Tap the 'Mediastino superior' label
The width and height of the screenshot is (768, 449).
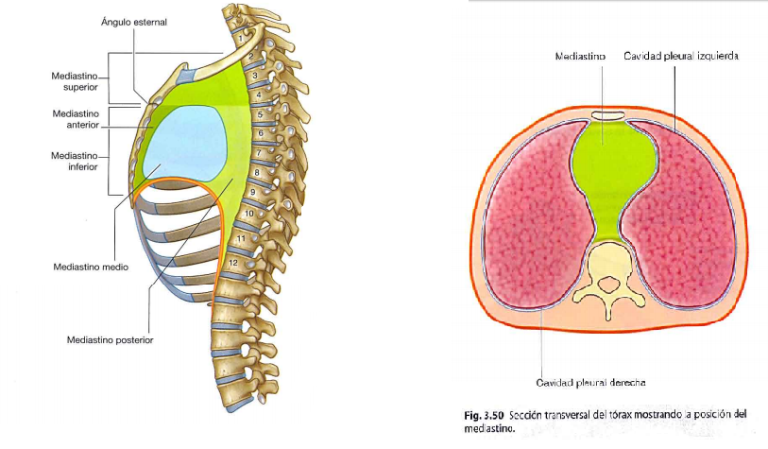pyautogui.click(x=75, y=79)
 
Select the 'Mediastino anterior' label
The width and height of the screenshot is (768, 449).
pyautogui.click(x=75, y=118)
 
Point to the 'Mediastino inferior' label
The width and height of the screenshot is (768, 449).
pyautogui.click(x=75, y=160)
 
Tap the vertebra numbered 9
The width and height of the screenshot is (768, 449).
pyautogui.click(x=252, y=193)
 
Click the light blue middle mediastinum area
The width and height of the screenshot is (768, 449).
pyautogui.click(x=184, y=142)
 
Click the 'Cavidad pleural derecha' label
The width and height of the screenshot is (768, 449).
pyautogui.click(x=590, y=383)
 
